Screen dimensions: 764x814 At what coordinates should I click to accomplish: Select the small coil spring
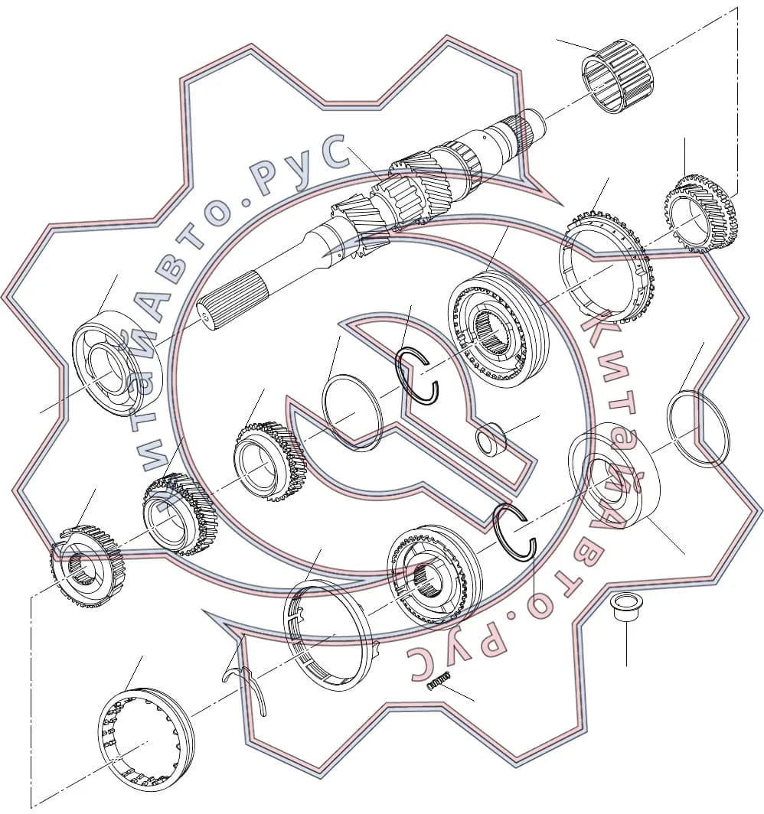[x=439, y=681]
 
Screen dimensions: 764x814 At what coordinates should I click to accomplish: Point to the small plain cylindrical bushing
[x=491, y=438]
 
